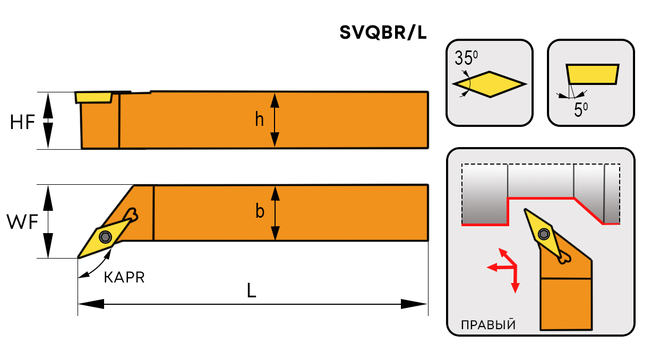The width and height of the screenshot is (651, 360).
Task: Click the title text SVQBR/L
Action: tap(383, 33)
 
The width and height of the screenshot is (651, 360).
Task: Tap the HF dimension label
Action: tap(22, 123)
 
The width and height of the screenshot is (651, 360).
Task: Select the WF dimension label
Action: tap(22, 222)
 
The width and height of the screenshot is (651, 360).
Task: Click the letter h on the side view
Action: tap(259, 120)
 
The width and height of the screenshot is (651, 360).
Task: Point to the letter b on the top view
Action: tap(260, 211)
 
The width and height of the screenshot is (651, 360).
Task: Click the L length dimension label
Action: tap(252, 290)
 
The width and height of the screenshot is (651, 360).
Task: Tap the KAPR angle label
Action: tap(124, 278)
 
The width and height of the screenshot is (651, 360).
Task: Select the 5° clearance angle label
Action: tap(581, 110)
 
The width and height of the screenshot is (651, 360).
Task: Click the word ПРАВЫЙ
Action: tap(488, 325)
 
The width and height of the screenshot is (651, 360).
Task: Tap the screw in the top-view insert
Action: tap(106, 237)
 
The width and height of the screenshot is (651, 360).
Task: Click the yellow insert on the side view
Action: tap(93, 97)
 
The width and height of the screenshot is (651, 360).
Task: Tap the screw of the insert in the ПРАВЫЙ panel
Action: tap(543, 234)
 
